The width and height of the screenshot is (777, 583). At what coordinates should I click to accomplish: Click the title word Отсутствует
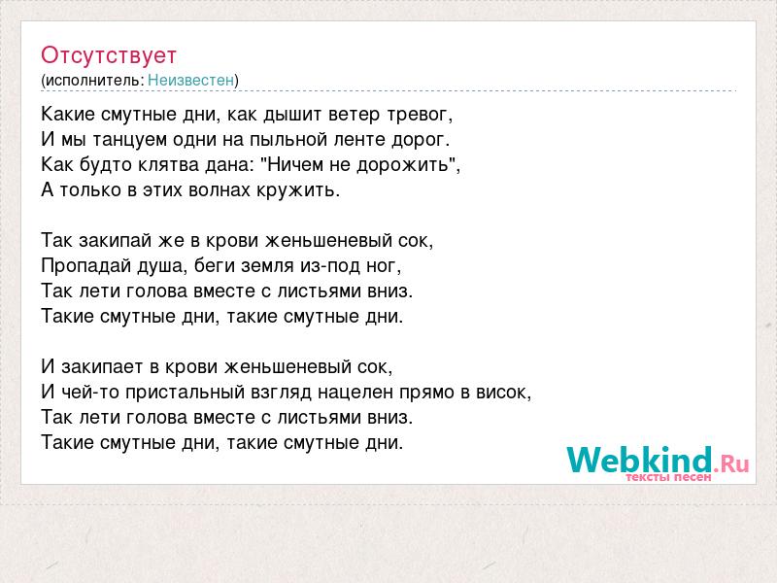(x=109, y=55)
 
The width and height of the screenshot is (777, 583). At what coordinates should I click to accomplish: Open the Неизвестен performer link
(x=190, y=80)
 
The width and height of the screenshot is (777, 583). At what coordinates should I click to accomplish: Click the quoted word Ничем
(x=297, y=164)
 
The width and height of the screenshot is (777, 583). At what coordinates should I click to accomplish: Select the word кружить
(x=295, y=190)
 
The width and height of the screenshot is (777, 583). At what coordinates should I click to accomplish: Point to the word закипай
(x=115, y=240)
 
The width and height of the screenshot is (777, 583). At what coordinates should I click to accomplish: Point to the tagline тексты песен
(x=668, y=477)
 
